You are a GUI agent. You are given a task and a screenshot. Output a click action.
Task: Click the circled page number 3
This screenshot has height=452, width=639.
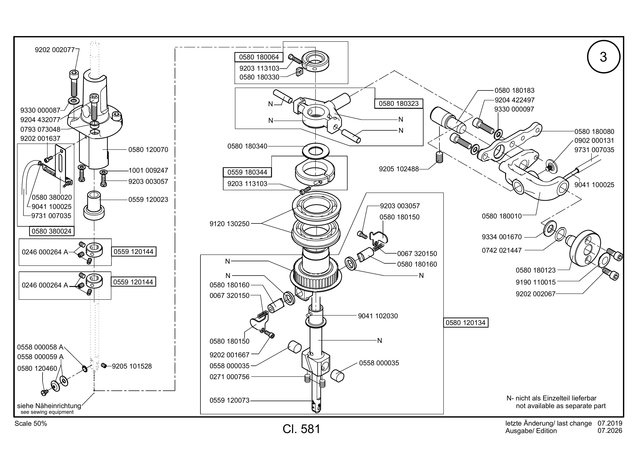click(x=603, y=57)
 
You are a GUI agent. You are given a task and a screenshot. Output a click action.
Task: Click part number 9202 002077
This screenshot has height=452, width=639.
click(x=55, y=50)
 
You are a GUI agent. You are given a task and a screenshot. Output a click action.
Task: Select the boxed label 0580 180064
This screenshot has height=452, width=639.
click(x=259, y=57)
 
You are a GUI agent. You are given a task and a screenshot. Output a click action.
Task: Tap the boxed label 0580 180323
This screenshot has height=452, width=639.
click(x=399, y=103)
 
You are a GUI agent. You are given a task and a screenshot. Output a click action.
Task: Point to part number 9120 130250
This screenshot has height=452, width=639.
click(x=230, y=224)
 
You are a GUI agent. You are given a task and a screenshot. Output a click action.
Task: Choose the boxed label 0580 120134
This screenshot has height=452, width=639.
click(x=465, y=323)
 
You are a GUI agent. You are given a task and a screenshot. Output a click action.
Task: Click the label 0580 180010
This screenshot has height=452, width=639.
click(x=502, y=216)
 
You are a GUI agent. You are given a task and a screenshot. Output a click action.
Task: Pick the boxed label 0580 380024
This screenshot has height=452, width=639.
click(x=52, y=231)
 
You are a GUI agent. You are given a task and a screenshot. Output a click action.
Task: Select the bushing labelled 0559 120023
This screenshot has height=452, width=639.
click(x=94, y=205)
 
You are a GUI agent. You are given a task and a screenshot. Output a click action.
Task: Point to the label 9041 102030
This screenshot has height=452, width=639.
click(x=378, y=316)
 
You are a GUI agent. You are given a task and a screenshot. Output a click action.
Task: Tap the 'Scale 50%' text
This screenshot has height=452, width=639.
click(x=31, y=424)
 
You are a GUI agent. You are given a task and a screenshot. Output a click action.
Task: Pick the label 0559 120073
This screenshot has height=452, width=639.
click(x=230, y=400)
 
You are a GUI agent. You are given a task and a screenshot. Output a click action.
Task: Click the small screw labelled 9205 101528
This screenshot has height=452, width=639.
click(x=104, y=365)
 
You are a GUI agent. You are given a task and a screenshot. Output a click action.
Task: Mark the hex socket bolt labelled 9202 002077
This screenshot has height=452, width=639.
click(x=74, y=83)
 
